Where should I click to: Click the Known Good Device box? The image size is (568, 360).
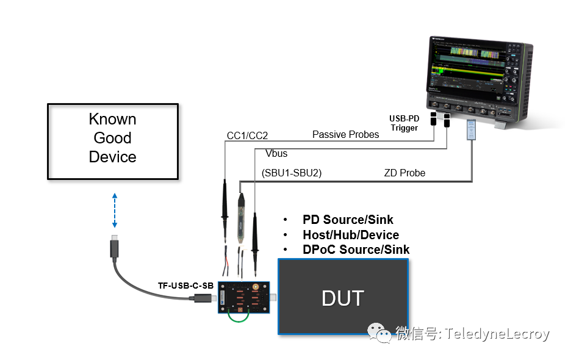pos(113,141)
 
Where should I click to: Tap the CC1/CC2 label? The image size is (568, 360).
pos(247,135)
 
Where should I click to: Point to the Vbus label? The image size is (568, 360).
pos(276,153)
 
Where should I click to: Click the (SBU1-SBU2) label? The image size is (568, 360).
pos(291,173)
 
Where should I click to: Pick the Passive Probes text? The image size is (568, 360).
pos(345,134)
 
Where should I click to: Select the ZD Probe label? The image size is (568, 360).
pos(404,173)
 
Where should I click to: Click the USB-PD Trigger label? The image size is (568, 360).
pos(404,123)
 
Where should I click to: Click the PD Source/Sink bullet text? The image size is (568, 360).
pos(348,220)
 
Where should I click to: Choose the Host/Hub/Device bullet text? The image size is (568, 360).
pos(350,235)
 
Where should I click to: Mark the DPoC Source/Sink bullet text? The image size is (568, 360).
pos(356,250)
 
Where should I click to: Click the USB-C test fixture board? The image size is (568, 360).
pos(244,298)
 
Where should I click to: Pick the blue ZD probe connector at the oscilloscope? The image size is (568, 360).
pos(472,129)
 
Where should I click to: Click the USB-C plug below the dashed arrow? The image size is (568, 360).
pos(114,248)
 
